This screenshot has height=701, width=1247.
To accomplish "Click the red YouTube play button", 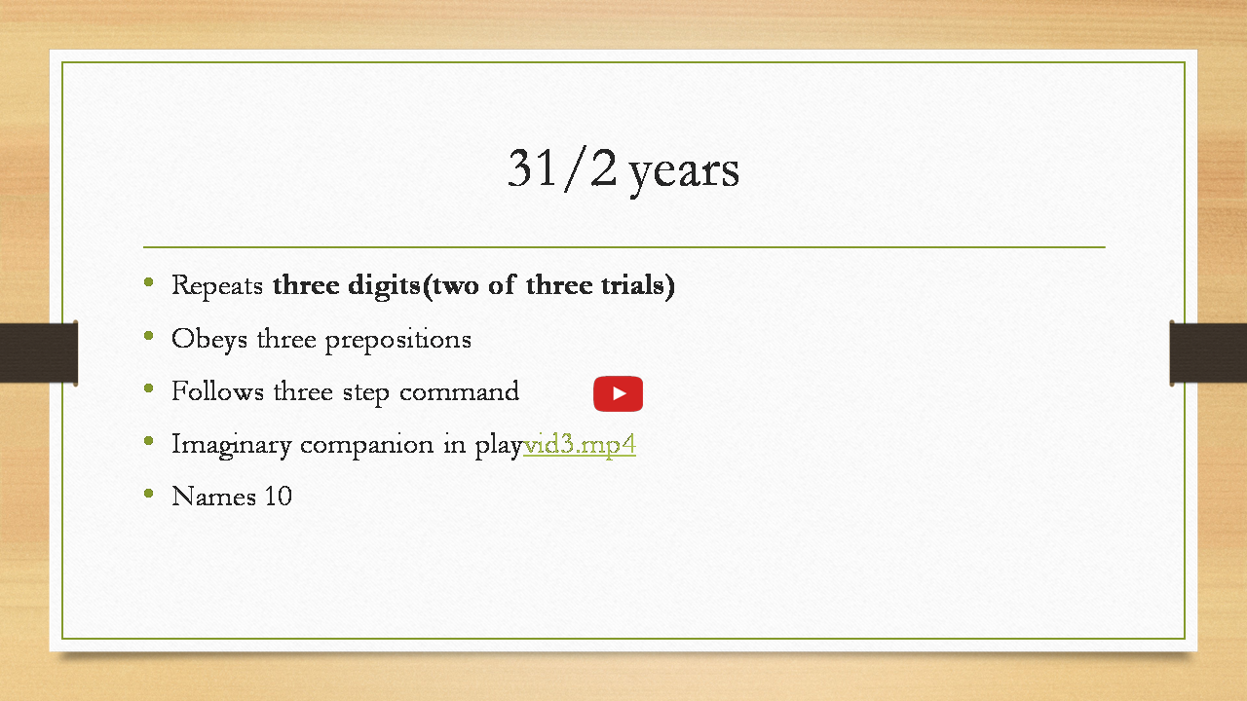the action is click(x=618, y=394).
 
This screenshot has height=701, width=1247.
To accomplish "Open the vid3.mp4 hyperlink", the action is click(x=580, y=445).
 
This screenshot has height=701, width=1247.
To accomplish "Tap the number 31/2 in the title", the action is click(x=562, y=168).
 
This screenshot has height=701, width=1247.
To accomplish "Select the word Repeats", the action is click(x=217, y=286).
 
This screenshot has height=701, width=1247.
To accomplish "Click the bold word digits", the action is click(x=384, y=286).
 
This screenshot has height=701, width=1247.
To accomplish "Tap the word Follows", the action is click(x=217, y=390).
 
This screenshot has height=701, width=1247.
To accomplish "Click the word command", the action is click(x=459, y=390).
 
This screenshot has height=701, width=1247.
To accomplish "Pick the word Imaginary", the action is click(x=232, y=445).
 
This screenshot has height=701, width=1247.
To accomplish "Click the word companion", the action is click(x=367, y=445).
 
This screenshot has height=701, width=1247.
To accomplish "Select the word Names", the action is click(x=213, y=496).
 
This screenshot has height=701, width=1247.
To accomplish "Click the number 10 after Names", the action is click(x=278, y=496).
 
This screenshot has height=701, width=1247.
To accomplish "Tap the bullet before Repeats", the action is click(x=149, y=282).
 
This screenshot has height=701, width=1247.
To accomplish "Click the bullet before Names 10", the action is click(x=149, y=494).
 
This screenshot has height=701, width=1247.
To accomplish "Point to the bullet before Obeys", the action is click(x=149, y=336).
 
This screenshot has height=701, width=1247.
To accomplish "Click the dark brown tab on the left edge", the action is click(x=38, y=352).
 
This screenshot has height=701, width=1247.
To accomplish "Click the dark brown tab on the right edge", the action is click(x=1208, y=352).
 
